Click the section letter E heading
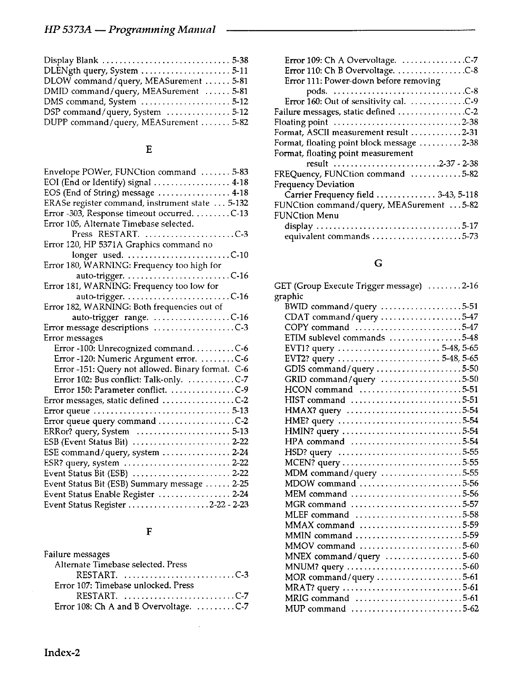tap(149, 150)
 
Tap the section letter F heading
tap(149, 532)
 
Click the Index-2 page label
tap(62, 653)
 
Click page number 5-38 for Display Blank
tap(240, 60)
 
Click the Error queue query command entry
tap(100, 421)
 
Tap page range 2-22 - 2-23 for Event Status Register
tap(229, 505)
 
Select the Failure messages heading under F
tap(77, 554)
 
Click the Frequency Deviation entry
tap(314, 184)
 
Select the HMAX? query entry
tap(313, 411)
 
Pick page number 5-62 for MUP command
tap(470, 608)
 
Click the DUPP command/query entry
tap(121, 123)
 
